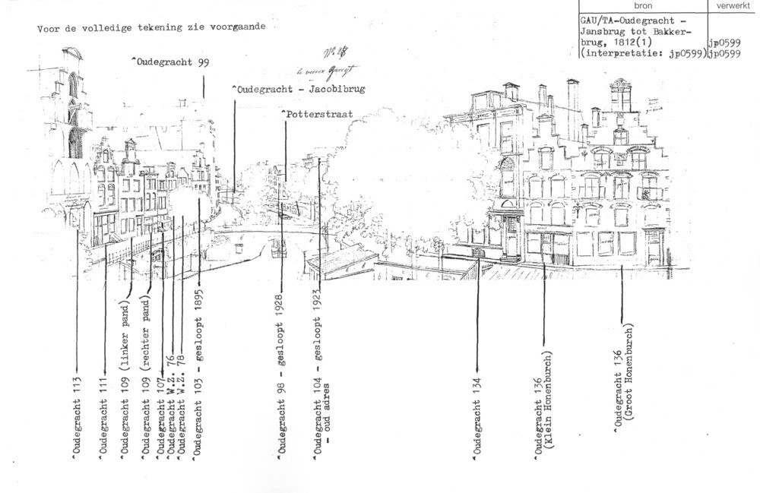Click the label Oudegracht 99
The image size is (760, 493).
[x=171, y=62]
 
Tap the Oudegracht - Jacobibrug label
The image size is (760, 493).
[x=298, y=90]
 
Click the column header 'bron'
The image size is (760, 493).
[x=642, y=5]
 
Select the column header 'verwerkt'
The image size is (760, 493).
[x=733, y=5]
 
